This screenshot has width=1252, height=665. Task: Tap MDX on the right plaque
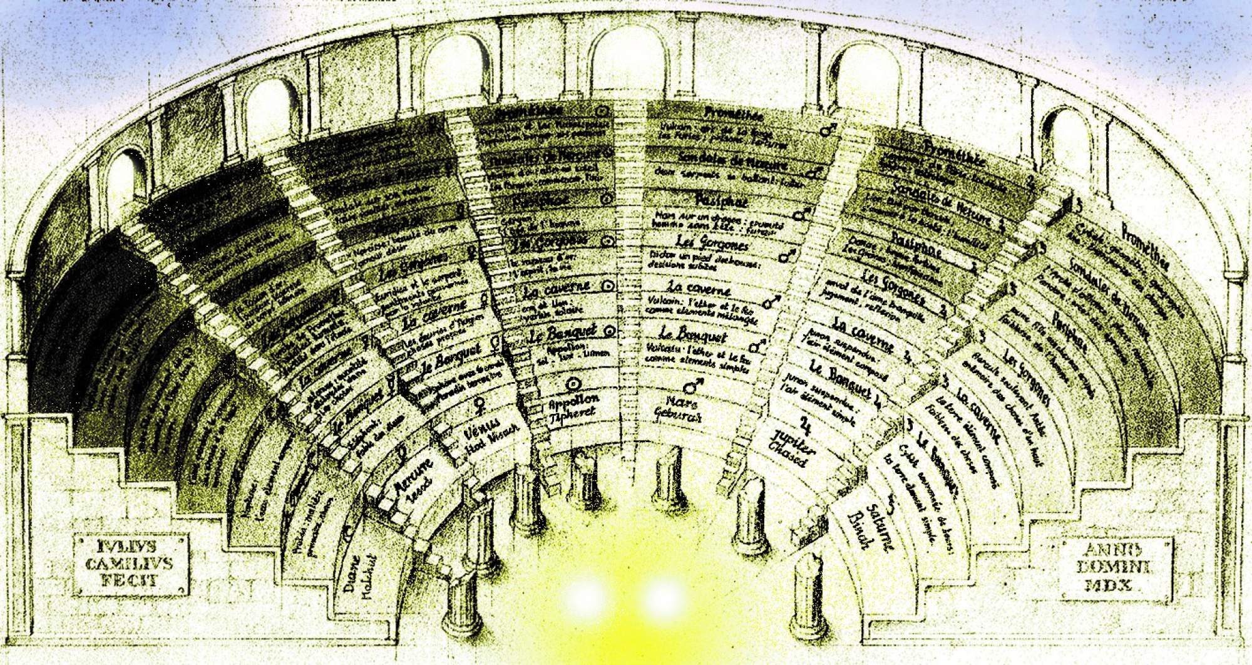(1116, 585)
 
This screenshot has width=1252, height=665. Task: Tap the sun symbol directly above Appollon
(573, 384)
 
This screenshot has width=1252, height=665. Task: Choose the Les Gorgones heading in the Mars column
(712, 242)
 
